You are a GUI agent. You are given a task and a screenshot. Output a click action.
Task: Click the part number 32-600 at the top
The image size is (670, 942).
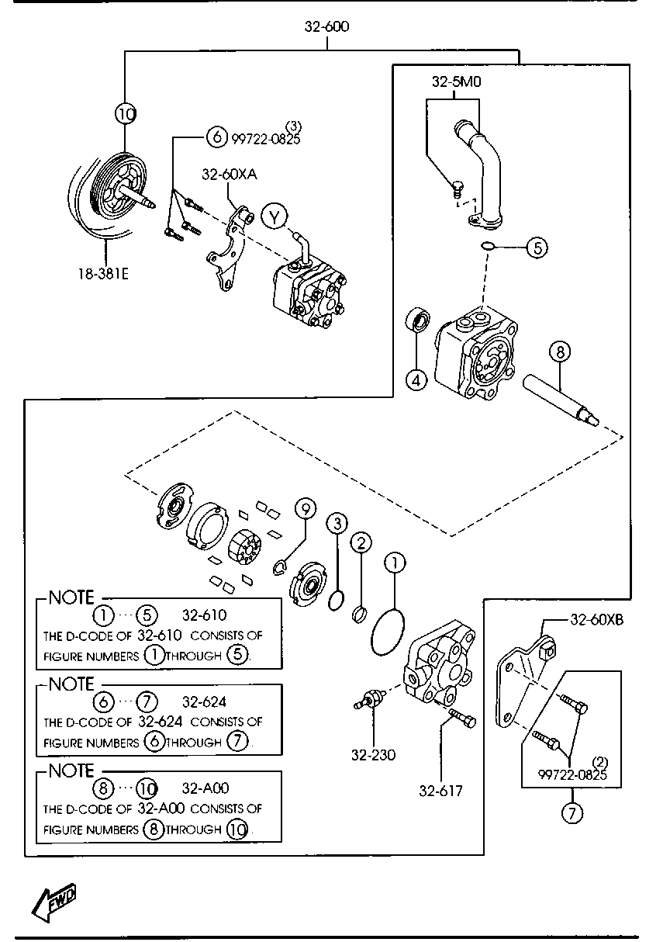tap(326, 26)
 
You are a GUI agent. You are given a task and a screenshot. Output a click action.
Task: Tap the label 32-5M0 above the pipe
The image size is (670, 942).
tap(456, 81)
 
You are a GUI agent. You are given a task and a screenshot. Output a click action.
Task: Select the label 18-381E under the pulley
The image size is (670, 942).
tap(103, 274)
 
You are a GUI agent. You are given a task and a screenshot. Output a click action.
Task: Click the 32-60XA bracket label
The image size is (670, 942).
tap(229, 174)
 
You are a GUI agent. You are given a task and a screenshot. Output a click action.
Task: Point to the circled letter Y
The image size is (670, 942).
tap(274, 218)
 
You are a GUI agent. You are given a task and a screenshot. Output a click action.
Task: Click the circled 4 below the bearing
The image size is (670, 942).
tap(416, 380)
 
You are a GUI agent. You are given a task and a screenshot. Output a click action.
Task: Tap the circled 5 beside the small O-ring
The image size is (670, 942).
tap(537, 248)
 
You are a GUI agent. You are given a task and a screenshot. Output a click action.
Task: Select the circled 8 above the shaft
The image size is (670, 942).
tap(560, 352)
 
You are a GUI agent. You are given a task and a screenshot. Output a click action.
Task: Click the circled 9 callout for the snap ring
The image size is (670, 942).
tap(306, 509)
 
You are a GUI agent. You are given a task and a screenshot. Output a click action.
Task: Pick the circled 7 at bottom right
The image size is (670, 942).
tap(572, 813)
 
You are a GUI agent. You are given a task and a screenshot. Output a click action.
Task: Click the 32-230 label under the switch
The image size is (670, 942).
tap(373, 755)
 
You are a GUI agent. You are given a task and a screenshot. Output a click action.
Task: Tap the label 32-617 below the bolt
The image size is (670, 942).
tap(440, 791)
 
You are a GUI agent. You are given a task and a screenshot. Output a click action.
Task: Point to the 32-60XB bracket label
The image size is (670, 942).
tap(597, 620)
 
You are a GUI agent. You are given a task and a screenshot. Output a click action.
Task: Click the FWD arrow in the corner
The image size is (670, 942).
tap(54, 902)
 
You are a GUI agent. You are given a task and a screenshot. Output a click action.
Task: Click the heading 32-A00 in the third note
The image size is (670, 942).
tap(205, 788)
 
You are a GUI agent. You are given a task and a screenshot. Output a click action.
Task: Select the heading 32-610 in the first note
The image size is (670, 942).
tap(204, 615)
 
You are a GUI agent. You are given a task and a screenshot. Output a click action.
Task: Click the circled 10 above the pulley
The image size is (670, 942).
tap(126, 114)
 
